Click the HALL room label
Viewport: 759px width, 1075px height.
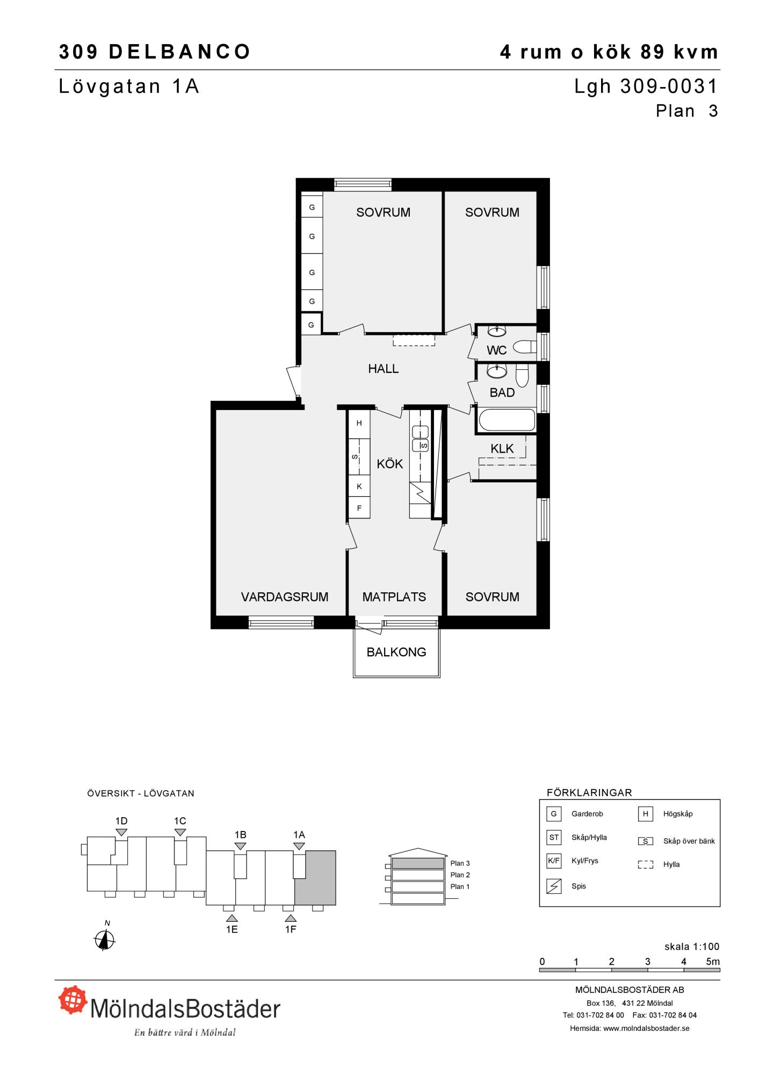tap(383, 369)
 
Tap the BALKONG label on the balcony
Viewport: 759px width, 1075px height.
tap(396, 652)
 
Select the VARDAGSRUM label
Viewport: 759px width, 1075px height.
tap(285, 597)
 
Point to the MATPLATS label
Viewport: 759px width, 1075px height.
tap(394, 597)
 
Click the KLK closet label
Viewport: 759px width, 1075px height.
tap(502, 448)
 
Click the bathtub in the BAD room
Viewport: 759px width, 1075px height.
tap(507, 420)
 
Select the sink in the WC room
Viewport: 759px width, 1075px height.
tap(496, 331)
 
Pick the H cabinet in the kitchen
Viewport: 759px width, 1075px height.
tap(359, 423)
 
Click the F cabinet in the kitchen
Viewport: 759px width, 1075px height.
tap(359, 508)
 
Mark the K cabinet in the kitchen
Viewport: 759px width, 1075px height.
tap(359, 486)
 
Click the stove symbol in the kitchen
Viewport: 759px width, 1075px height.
tap(421, 492)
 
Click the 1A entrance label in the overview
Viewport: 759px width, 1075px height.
tap(299, 835)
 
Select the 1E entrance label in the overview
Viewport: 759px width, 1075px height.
tap(232, 929)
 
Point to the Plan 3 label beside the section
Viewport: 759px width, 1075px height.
tap(460, 863)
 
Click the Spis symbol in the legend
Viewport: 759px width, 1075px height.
tap(553, 886)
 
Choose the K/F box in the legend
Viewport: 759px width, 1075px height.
tap(553, 861)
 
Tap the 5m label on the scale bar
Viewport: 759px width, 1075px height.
tap(712, 962)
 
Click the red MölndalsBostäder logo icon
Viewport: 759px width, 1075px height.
tap(73, 999)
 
